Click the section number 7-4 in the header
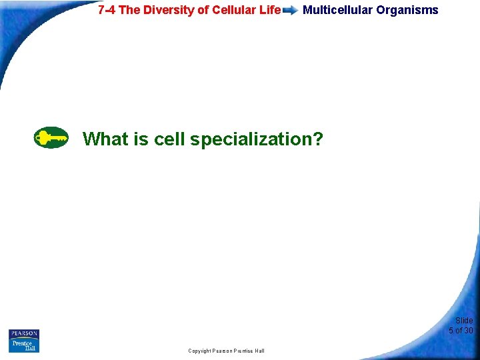[108, 10]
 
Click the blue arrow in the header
[290, 11]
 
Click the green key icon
[51, 138]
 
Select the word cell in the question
[169, 139]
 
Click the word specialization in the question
[250, 140]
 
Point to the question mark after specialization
[317, 139]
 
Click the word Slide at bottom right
[464, 321]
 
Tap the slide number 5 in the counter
[451, 331]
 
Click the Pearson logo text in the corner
[24, 333]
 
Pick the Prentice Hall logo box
[24, 345]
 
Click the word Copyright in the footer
[201, 351]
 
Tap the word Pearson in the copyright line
[226, 351]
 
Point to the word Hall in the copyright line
[259, 351]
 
